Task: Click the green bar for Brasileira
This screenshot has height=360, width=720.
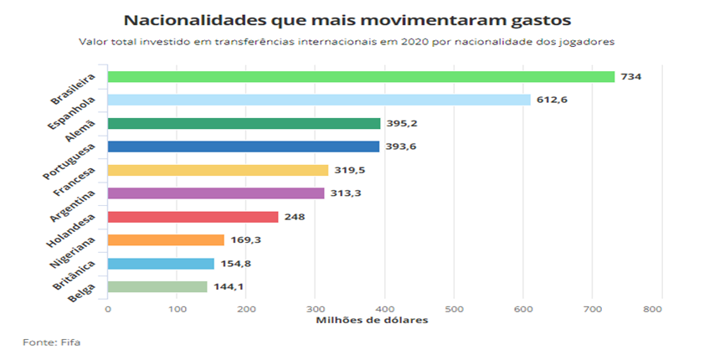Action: pyautogui.click(x=361, y=76)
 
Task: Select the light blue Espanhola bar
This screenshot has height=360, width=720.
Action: pyautogui.click(x=319, y=100)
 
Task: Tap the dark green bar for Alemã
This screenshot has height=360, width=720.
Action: pyautogui.click(x=244, y=123)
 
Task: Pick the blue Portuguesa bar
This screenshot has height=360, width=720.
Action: pyautogui.click(x=243, y=147)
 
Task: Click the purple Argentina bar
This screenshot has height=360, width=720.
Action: pyautogui.click(x=216, y=193)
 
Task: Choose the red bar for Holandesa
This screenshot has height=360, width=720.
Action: pyautogui.click(x=193, y=217)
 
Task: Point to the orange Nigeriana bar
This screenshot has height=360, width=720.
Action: pyautogui.click(x=166, y=240)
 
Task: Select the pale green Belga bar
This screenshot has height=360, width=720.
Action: pyautogui.click(x=157, y=287)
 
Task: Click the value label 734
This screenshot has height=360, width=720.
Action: pyautogui.click(x=630, y=77)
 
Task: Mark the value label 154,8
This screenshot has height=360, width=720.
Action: pyautogui.click(x=235, y=264)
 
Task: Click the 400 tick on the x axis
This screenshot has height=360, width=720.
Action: pyautogui.click(x=384, y=309)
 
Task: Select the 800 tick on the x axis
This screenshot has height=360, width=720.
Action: pyautogui.click(x=661, y=309)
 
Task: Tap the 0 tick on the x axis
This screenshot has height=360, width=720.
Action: pyautogui.click(x=108, y=309)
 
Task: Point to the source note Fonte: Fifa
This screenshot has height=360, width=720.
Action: pyautogui.click(x=52, y=342)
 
